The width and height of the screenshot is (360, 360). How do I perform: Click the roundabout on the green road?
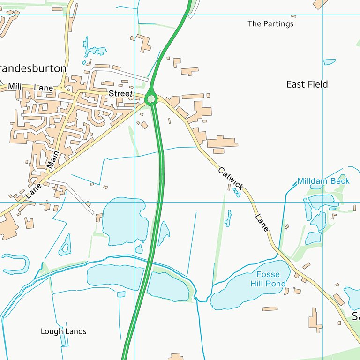click(150, 99)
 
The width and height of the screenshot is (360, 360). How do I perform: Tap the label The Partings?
click(270, 23)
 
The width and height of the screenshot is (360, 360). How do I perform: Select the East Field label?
click(307, 84)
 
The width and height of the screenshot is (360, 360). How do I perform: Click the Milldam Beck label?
click(323, 181)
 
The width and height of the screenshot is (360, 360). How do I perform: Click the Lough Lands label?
click(64, 331)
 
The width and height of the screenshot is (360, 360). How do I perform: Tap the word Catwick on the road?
click(231, 179)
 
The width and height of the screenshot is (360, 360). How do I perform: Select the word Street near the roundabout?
click(120, 94)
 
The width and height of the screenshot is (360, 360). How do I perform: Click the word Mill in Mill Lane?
click(15, 86)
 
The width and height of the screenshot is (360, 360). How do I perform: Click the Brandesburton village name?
click(33, 68)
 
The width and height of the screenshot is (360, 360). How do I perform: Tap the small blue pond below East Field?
click(330, 61)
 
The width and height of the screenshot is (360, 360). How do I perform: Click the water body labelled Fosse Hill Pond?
click(234, 293)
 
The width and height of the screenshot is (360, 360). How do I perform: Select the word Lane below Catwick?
click(262, 223)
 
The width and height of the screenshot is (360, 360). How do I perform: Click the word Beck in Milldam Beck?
click(340, 181)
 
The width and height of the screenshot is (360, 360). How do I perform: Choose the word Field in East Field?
click(317, 84)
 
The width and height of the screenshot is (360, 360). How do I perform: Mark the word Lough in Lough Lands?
click(51, 331)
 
